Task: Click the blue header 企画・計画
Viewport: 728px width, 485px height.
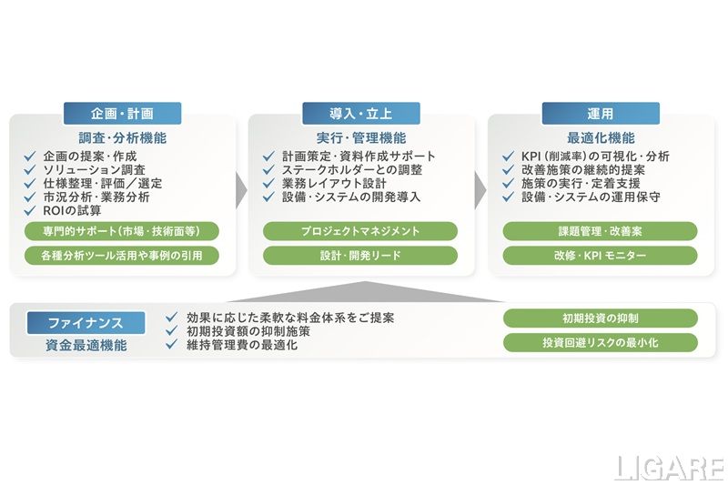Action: (x=122, y=114)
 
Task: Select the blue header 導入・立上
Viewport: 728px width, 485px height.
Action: (x=361, y=114)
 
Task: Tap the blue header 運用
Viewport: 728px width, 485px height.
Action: (x=601, y=114)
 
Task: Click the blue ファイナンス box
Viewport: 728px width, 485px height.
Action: (x=86, y=323)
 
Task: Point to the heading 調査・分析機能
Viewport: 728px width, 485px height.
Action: (x=122, y=138)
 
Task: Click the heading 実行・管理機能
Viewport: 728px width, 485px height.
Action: (x=361, y=138)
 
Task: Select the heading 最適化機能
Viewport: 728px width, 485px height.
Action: (x=601, y=138)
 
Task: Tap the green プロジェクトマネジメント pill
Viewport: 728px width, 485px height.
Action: (x=360, y=231)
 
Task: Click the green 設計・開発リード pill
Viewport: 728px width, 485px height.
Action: (x=360, y=256)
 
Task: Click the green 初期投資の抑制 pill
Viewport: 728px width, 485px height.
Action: (x=600, y=318)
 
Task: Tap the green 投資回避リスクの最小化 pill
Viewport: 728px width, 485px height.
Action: (x=600, y=343)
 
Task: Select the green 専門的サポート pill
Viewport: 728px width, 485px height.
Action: (x=122, y=231)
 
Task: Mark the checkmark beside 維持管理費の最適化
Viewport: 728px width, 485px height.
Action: (x=171, y=346)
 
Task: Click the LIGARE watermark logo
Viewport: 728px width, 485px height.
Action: (x=668, y=467)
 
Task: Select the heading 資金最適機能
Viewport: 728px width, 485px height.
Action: (x=86, y=346)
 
